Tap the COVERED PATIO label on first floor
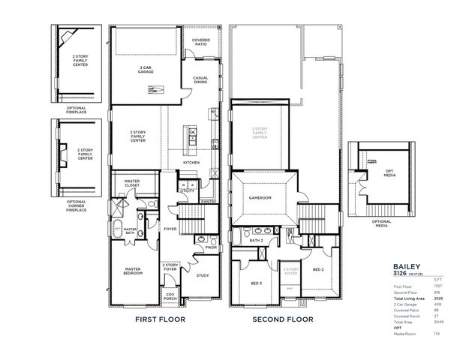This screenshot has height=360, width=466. click(x=200, y=43)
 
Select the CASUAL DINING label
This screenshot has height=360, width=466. click(x=200, y=80)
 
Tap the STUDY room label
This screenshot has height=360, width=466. click(x=202, y=274)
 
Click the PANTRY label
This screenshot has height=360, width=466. click(x=209, y=201)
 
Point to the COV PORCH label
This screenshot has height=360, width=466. click(x=170, y=296)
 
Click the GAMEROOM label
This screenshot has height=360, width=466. click(x=260, y=197)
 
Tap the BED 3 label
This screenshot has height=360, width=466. click(x=256, y=283)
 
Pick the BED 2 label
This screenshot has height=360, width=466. click(x=317, y=269)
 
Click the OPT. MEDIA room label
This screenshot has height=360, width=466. click(x=389, y=173)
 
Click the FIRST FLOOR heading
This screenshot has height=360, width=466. click(x=160, y=319)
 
